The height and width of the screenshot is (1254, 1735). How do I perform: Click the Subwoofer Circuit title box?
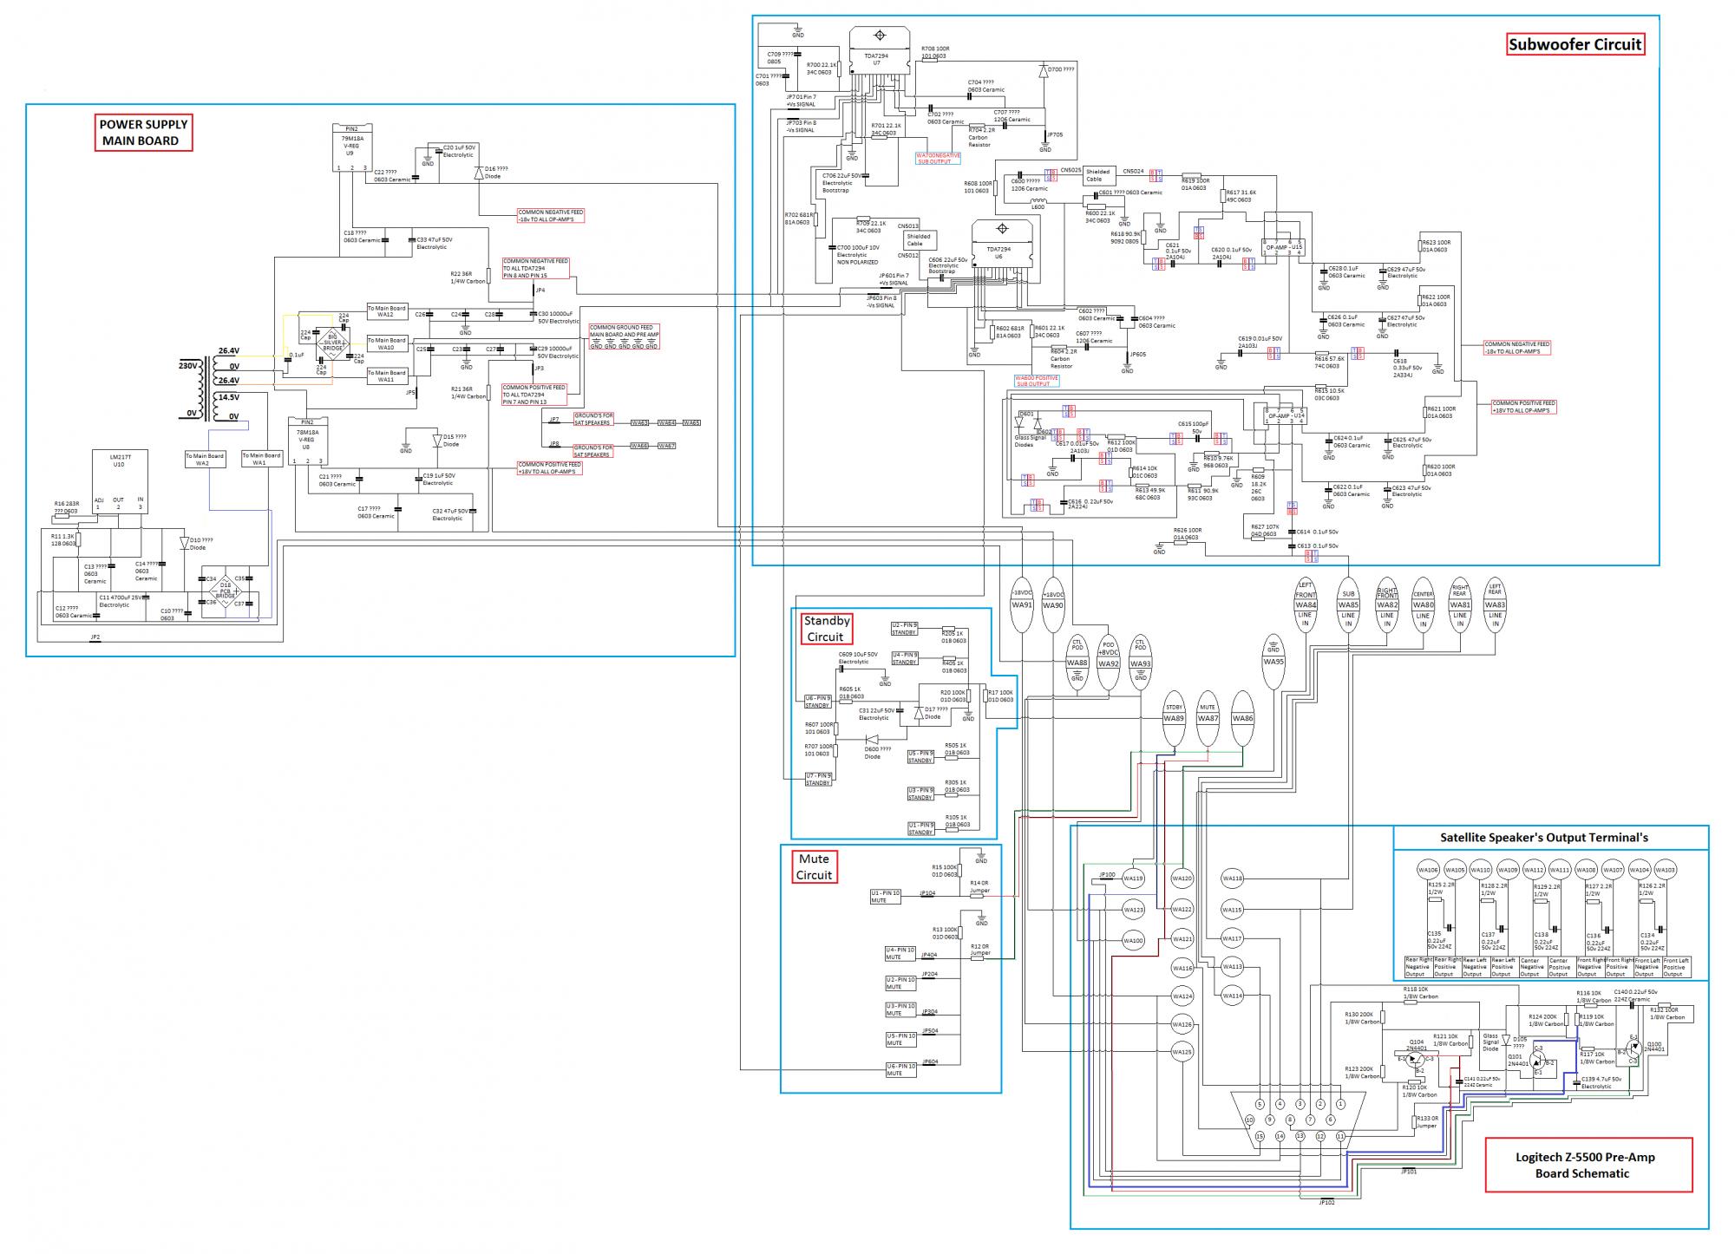[x=1575, y=44]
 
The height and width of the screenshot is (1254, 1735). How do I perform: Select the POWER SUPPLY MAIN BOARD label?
[x=142, y=133]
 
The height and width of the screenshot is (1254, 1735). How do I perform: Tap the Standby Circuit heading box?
[x=826, y=629]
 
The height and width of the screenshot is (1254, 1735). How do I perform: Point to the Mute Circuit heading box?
[x=814, y=867]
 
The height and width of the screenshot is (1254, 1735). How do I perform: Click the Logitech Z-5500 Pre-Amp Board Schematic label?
[x=1589, y=1165]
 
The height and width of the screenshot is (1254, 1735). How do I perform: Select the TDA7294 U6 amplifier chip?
[x=1001, y=251]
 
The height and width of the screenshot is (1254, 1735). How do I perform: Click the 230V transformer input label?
[x=188, y=365]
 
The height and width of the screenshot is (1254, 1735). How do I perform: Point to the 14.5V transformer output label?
[x=228, y=398]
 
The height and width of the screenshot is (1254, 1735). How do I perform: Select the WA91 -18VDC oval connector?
[x=1022, y=604]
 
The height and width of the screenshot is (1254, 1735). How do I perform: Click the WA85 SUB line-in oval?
[x=1348, y=604]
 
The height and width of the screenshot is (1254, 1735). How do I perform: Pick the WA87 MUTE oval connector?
[x=1208, y=718]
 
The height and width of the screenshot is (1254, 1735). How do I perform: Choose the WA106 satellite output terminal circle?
[x=1428, y=870]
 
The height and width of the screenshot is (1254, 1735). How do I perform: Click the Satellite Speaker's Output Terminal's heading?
[x=1549, y=838]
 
